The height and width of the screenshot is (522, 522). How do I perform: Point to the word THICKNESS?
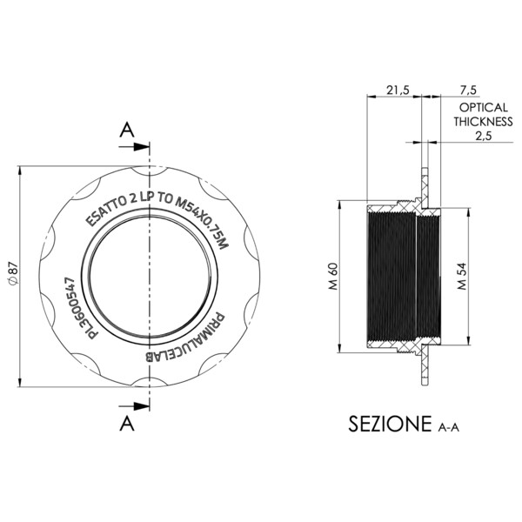tap(478, 121)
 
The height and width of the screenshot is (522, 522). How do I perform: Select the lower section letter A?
tap(127, 422)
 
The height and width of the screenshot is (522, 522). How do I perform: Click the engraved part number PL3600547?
tap(77, 309)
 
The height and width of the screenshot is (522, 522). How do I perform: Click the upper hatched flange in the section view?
tap(425, 187)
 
